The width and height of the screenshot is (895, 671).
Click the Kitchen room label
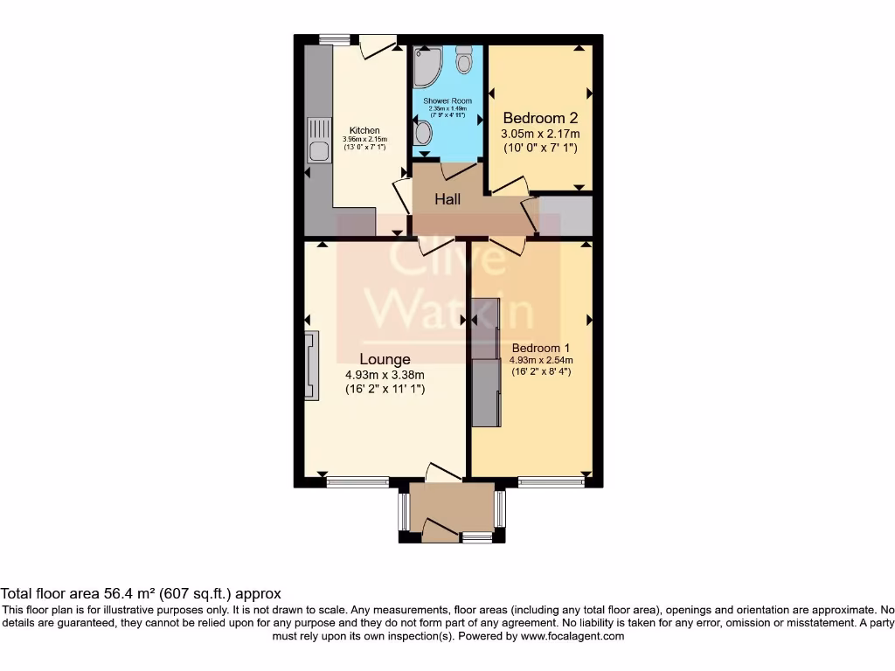tap(364, 130)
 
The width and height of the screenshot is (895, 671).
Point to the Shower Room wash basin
tap(423, 133)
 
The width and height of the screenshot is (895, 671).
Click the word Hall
tap(447, 199)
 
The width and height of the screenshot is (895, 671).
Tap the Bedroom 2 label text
tap(539, 118)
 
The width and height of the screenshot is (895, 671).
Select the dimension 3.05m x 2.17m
tap(539, 134)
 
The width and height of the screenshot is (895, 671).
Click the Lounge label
tap(385, 359)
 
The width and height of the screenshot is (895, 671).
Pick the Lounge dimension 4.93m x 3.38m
tap(385, 375)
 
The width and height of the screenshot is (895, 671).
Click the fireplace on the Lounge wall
tap(312, 365)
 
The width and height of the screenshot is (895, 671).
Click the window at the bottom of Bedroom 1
tap(551, 481)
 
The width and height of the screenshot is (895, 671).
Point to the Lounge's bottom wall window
tap(357, 481)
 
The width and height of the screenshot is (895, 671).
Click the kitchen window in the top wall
tap(333, 38)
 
